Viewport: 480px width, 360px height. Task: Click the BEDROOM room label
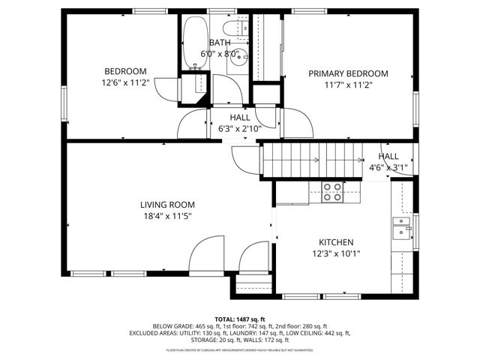click(124, 71)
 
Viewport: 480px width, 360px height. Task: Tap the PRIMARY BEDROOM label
click(349, 73)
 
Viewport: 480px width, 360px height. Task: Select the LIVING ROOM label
click(167, 205)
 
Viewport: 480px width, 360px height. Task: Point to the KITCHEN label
click(336, 242)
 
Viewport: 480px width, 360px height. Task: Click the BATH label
click(220, 43)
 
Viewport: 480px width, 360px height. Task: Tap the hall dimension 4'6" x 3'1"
click(388, 167)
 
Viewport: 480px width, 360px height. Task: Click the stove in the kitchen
click(331, 193)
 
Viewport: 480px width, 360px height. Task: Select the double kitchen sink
click(403, 227)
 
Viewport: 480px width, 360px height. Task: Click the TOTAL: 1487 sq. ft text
click(240, 319)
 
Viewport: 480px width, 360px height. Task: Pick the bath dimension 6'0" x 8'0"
click(220, 54)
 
